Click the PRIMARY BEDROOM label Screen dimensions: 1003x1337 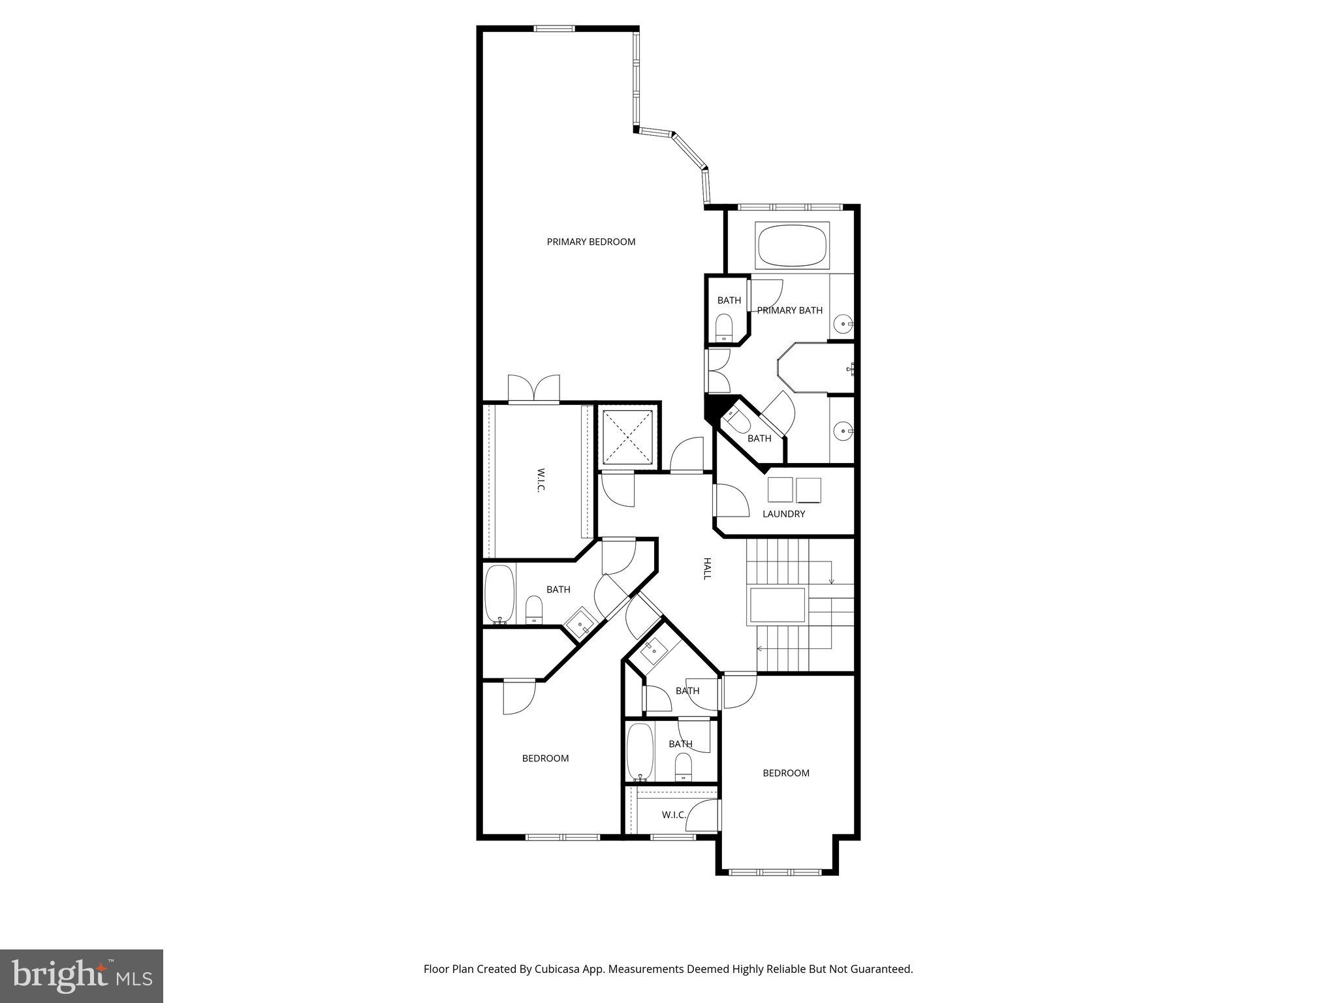tap(591, 242)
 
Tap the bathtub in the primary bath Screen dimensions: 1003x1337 tap(791, 246)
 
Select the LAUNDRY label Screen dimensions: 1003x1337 tap(783, 514)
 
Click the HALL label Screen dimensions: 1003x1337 tap(706, 568)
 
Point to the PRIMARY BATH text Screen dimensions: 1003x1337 tap(790, 310)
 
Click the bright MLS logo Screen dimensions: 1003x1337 tap(82, 976)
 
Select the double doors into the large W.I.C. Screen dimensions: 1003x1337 tap(534, 389)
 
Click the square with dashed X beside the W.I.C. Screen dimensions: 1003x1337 tap(626, 436)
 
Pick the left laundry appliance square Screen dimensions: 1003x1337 tap(780, 490)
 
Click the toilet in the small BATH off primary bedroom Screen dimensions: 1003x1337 tap(725, 326)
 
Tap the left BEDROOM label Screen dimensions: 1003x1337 tap(545, 758)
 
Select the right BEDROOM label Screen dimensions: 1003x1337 tap(786, 773)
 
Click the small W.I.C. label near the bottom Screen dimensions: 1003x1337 tap(674, 815)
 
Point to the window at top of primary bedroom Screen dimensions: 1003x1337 tap(554, 29)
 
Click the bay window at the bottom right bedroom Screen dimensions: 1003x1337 tap(776, 871)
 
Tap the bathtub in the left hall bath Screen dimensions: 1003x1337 tap(499, 594)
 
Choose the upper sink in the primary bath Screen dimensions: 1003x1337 tap(844, 323)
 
